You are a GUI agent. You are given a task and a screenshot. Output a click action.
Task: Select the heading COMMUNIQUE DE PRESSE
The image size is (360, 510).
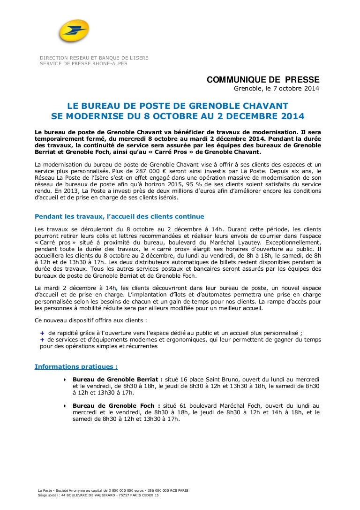pyautogui.click(x=263, y=80)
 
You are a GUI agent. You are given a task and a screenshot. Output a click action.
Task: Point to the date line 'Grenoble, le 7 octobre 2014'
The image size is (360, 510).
pyautogui.click(x=277, y=90)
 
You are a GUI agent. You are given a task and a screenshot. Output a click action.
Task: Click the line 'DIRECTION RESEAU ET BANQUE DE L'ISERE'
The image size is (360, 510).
pyautogui.click(x=94, y=58)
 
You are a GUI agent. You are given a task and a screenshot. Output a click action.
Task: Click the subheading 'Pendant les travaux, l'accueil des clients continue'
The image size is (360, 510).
pyautogui.click(x=120, y=216)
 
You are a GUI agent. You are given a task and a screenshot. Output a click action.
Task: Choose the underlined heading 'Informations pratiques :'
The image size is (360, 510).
pyautogui.click(x=76, y=366)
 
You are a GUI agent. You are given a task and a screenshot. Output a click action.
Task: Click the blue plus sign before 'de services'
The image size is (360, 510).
pyautogui.click(x=43, y=339)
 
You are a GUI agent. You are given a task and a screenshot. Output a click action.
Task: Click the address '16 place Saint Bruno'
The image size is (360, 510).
pyautogui.click(x=211, y=379)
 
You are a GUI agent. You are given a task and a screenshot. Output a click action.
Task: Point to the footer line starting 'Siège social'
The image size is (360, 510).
pyautogui.click(x=98, y=495)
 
